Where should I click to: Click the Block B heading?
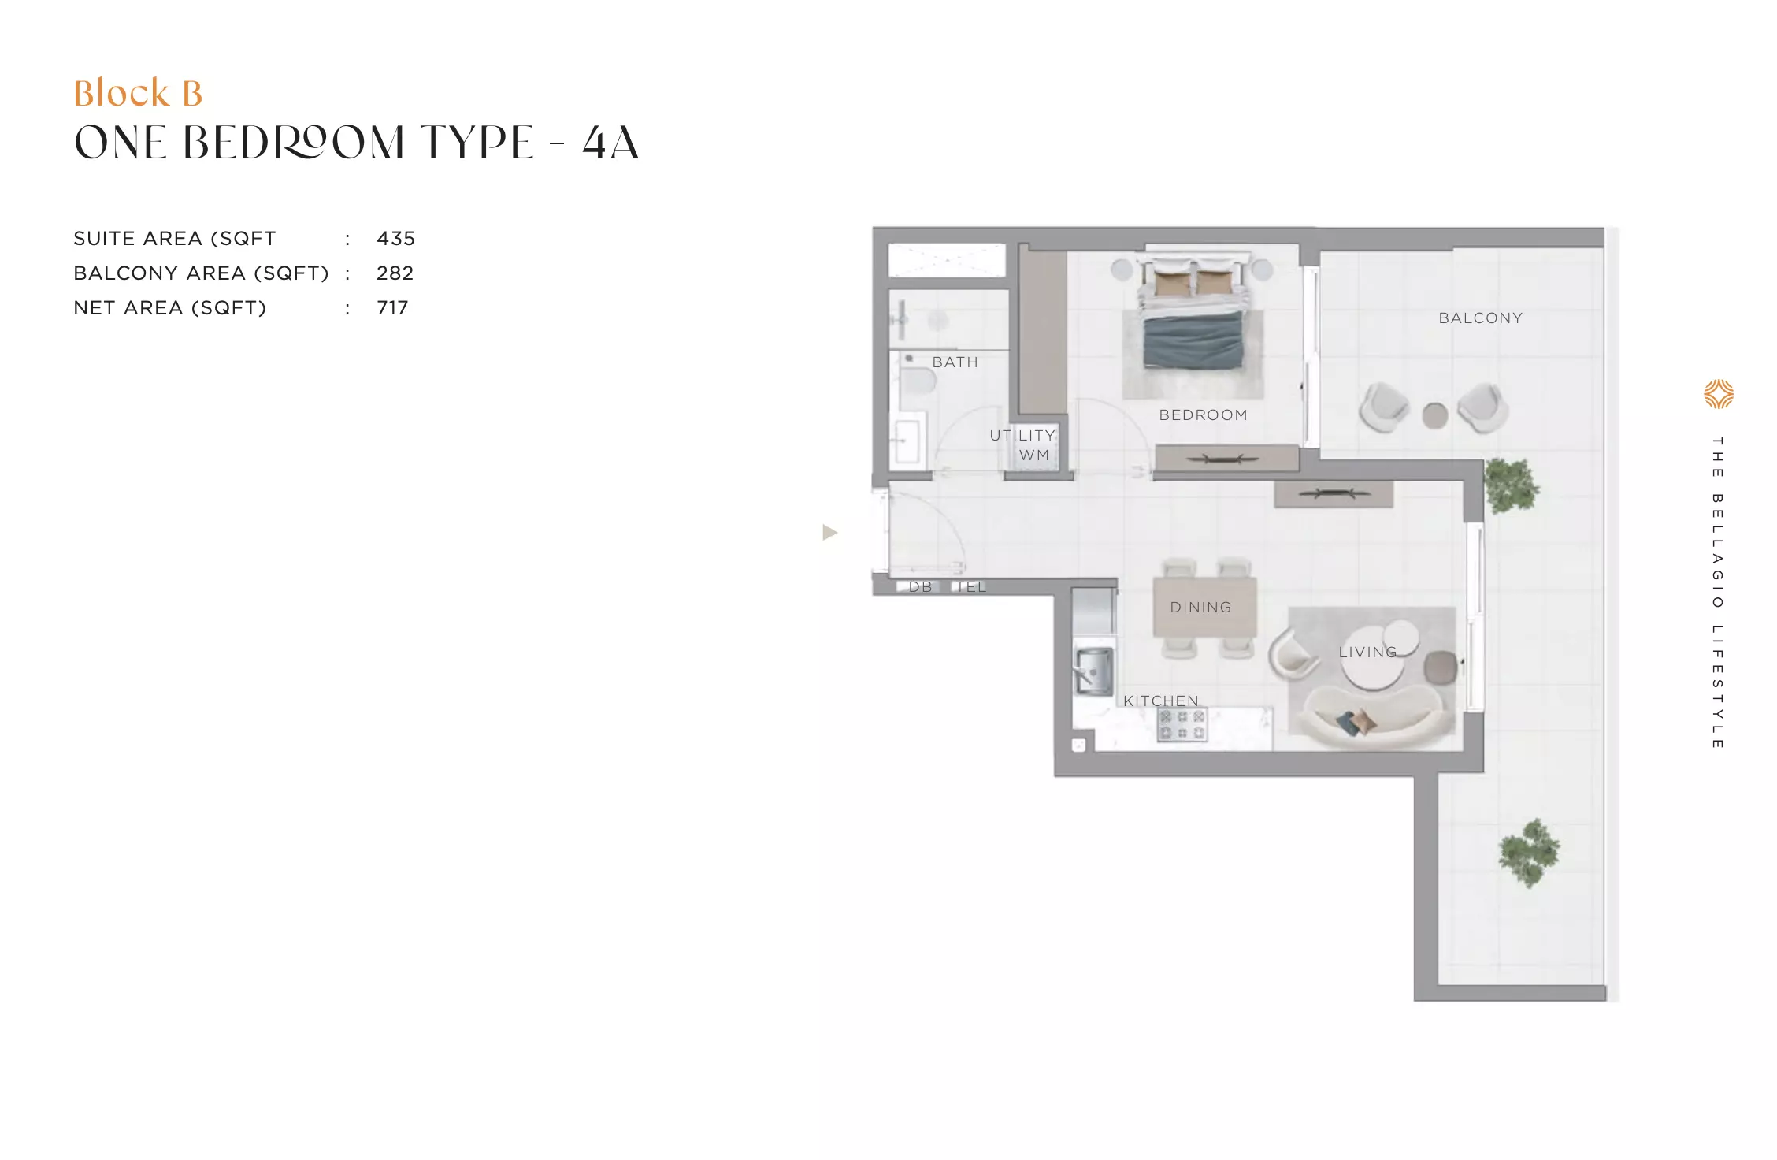click(138, 93)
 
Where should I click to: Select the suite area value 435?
click(395, 239)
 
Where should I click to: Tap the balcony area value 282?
click(395, 273)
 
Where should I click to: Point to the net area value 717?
click(392, 308)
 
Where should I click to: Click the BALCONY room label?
click(1481, 318)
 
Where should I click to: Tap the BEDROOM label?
click(1204, 415)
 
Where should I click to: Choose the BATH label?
click(955, 362)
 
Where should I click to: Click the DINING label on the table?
click(1200, 608)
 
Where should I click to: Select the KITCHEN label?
click(1161, 701)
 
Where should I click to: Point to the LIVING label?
click(1368, 652)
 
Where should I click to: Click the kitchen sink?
click(1094, 671)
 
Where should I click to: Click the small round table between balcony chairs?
click(1435, 415)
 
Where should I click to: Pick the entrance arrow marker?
click(829, 533)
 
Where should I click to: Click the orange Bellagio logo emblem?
click(1719, 394)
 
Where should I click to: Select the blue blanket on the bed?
click(1193, 340)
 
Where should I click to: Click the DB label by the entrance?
click(920, 587)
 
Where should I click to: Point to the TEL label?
click(971, 587)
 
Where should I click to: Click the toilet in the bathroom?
click(917, 379)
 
